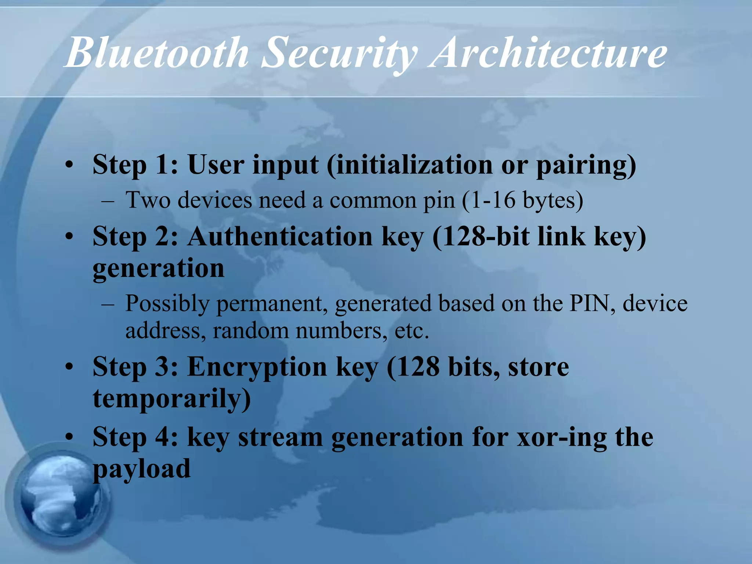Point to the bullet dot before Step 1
pos(69,165)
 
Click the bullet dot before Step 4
pos(69,438)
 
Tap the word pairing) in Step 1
pos(586,165)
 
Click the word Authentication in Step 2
pos(280,236)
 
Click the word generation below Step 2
pos(158,269)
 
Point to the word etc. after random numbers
pos(412,331)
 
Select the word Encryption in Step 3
pos(257,367)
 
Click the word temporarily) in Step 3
pos(172,399)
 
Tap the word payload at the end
pos(142,469)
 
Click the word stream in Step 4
pos(280,438)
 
